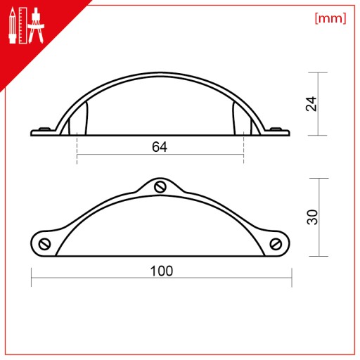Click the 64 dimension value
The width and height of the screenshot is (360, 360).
pyautogui.click(x=160, y=147)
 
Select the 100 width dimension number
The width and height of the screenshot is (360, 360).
pyautogui.click(x=162, y=271)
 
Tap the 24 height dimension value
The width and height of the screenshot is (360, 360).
pyautogui.click(x=311, y=104)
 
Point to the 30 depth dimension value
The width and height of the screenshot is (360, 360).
pyautogui.click(x=312, y=217)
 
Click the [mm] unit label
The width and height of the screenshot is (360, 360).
pyautogui.click(x=330, y=18)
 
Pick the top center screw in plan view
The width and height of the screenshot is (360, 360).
pyautogui.click(x=160, y=187)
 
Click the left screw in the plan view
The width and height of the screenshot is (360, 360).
pyautogui.click(x=44, y=244)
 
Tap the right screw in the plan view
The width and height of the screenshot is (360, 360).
pyautogui.click(x=276, y=244)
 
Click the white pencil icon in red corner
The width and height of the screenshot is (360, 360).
pyautogui.click(x=13, y=25)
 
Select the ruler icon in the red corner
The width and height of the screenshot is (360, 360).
pyautogui.click(x=23, y=25)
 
